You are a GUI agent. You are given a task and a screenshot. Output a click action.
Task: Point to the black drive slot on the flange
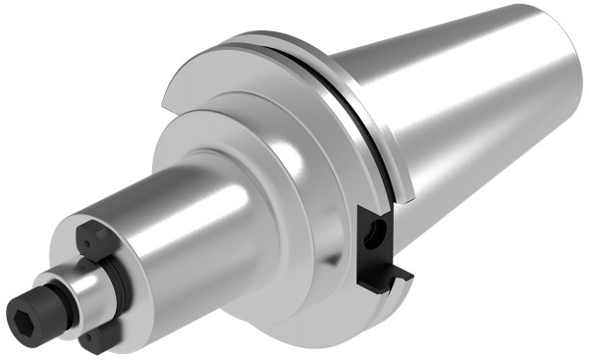point(377,245)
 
